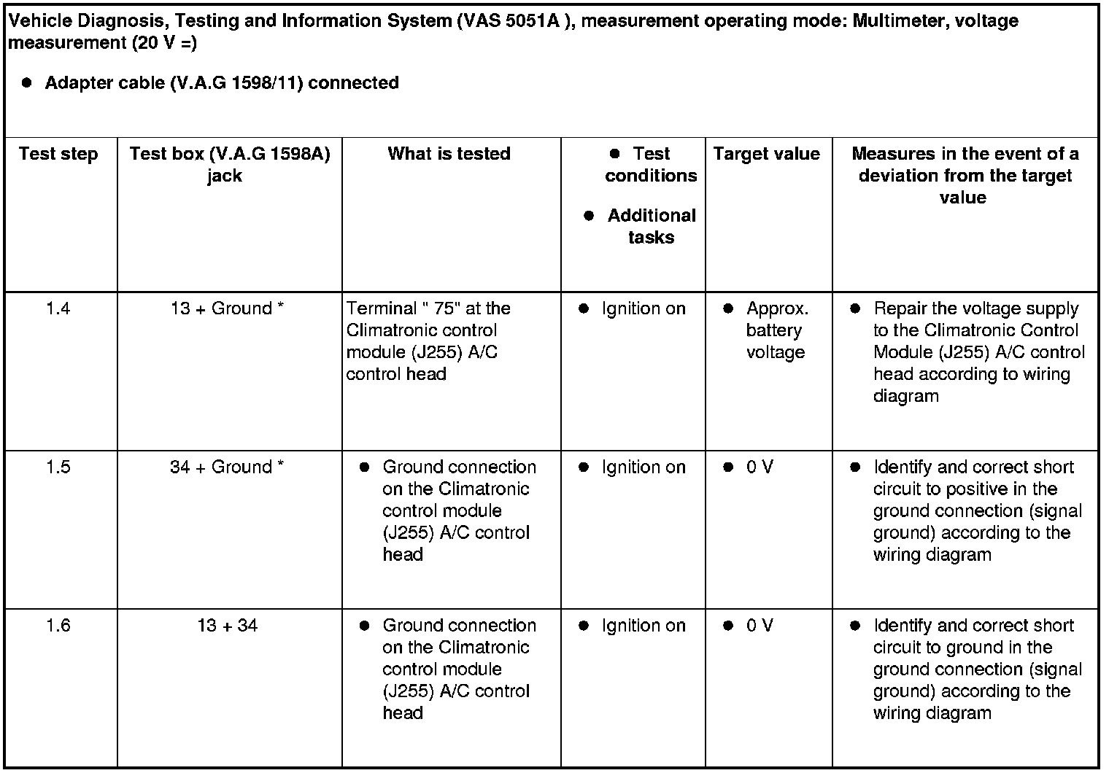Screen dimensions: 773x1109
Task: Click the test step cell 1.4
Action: click(x=58, y=308)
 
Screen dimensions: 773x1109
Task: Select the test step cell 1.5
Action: click(x=58, y=467)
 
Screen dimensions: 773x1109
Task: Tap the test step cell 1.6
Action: click(x=58, y=625)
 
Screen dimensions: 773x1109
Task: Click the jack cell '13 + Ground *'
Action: click(x=227, y=308)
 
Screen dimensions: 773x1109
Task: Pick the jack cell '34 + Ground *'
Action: click(x=227, y=467)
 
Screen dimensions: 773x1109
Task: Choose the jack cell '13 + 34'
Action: click(x=227, y=625)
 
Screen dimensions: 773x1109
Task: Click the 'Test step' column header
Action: click(x=58, y=154)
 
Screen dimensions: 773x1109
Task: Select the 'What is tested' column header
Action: click(x=449, y=154)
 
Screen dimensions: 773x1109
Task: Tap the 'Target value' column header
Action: click(x=766, y=154)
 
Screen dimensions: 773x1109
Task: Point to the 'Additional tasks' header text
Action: click(x=651, y=226)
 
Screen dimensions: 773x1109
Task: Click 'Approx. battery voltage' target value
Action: click(x=776, y=330)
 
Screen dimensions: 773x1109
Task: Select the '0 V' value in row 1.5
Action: click(x=759, y=467)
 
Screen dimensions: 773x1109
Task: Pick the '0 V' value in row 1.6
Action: click(x=759, y=625)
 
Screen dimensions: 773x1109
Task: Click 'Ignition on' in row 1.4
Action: click(x=643, y=308)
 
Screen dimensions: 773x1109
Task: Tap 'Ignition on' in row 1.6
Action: click(x=643, y=625)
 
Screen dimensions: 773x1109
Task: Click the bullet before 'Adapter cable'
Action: click(x=27, y=82)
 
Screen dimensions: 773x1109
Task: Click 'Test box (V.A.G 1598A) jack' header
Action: click(x=229, y=165)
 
